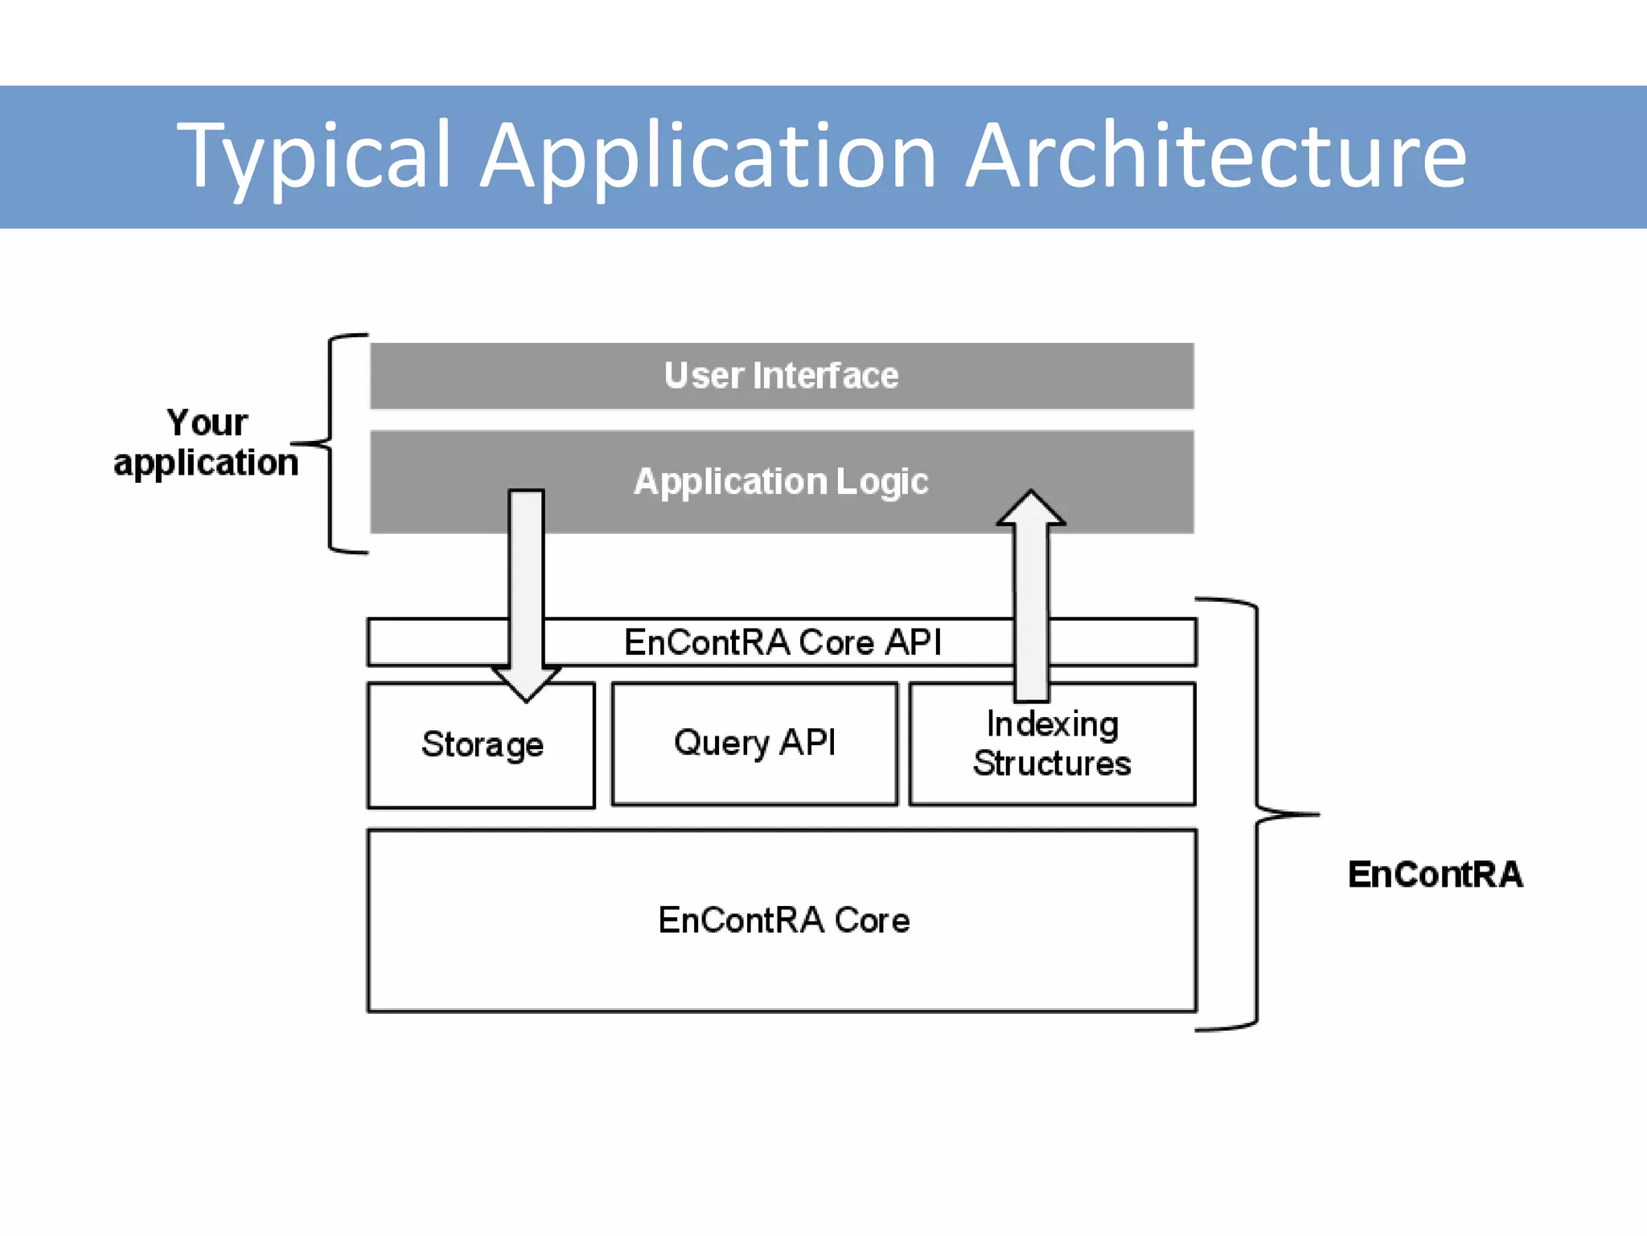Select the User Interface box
pyautogui.click(x=781, y=376)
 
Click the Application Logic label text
pyautogui.click(x=781, y=482)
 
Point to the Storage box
pyautogui.click(x=481, y=744)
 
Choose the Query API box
pyautogui.click(x=754, y=743)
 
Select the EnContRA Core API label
pyautogui.click(x=782, y=642)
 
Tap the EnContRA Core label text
pyautogui.click(x=783, y=920)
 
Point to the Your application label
pyautogui.click(x=206, y=443)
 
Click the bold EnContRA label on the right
pyautogui.click(x=1435, y=875)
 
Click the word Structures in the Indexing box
pyautogui.click(x=1052, y=764)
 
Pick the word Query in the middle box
pyautogui.click(x=721, y=743)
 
